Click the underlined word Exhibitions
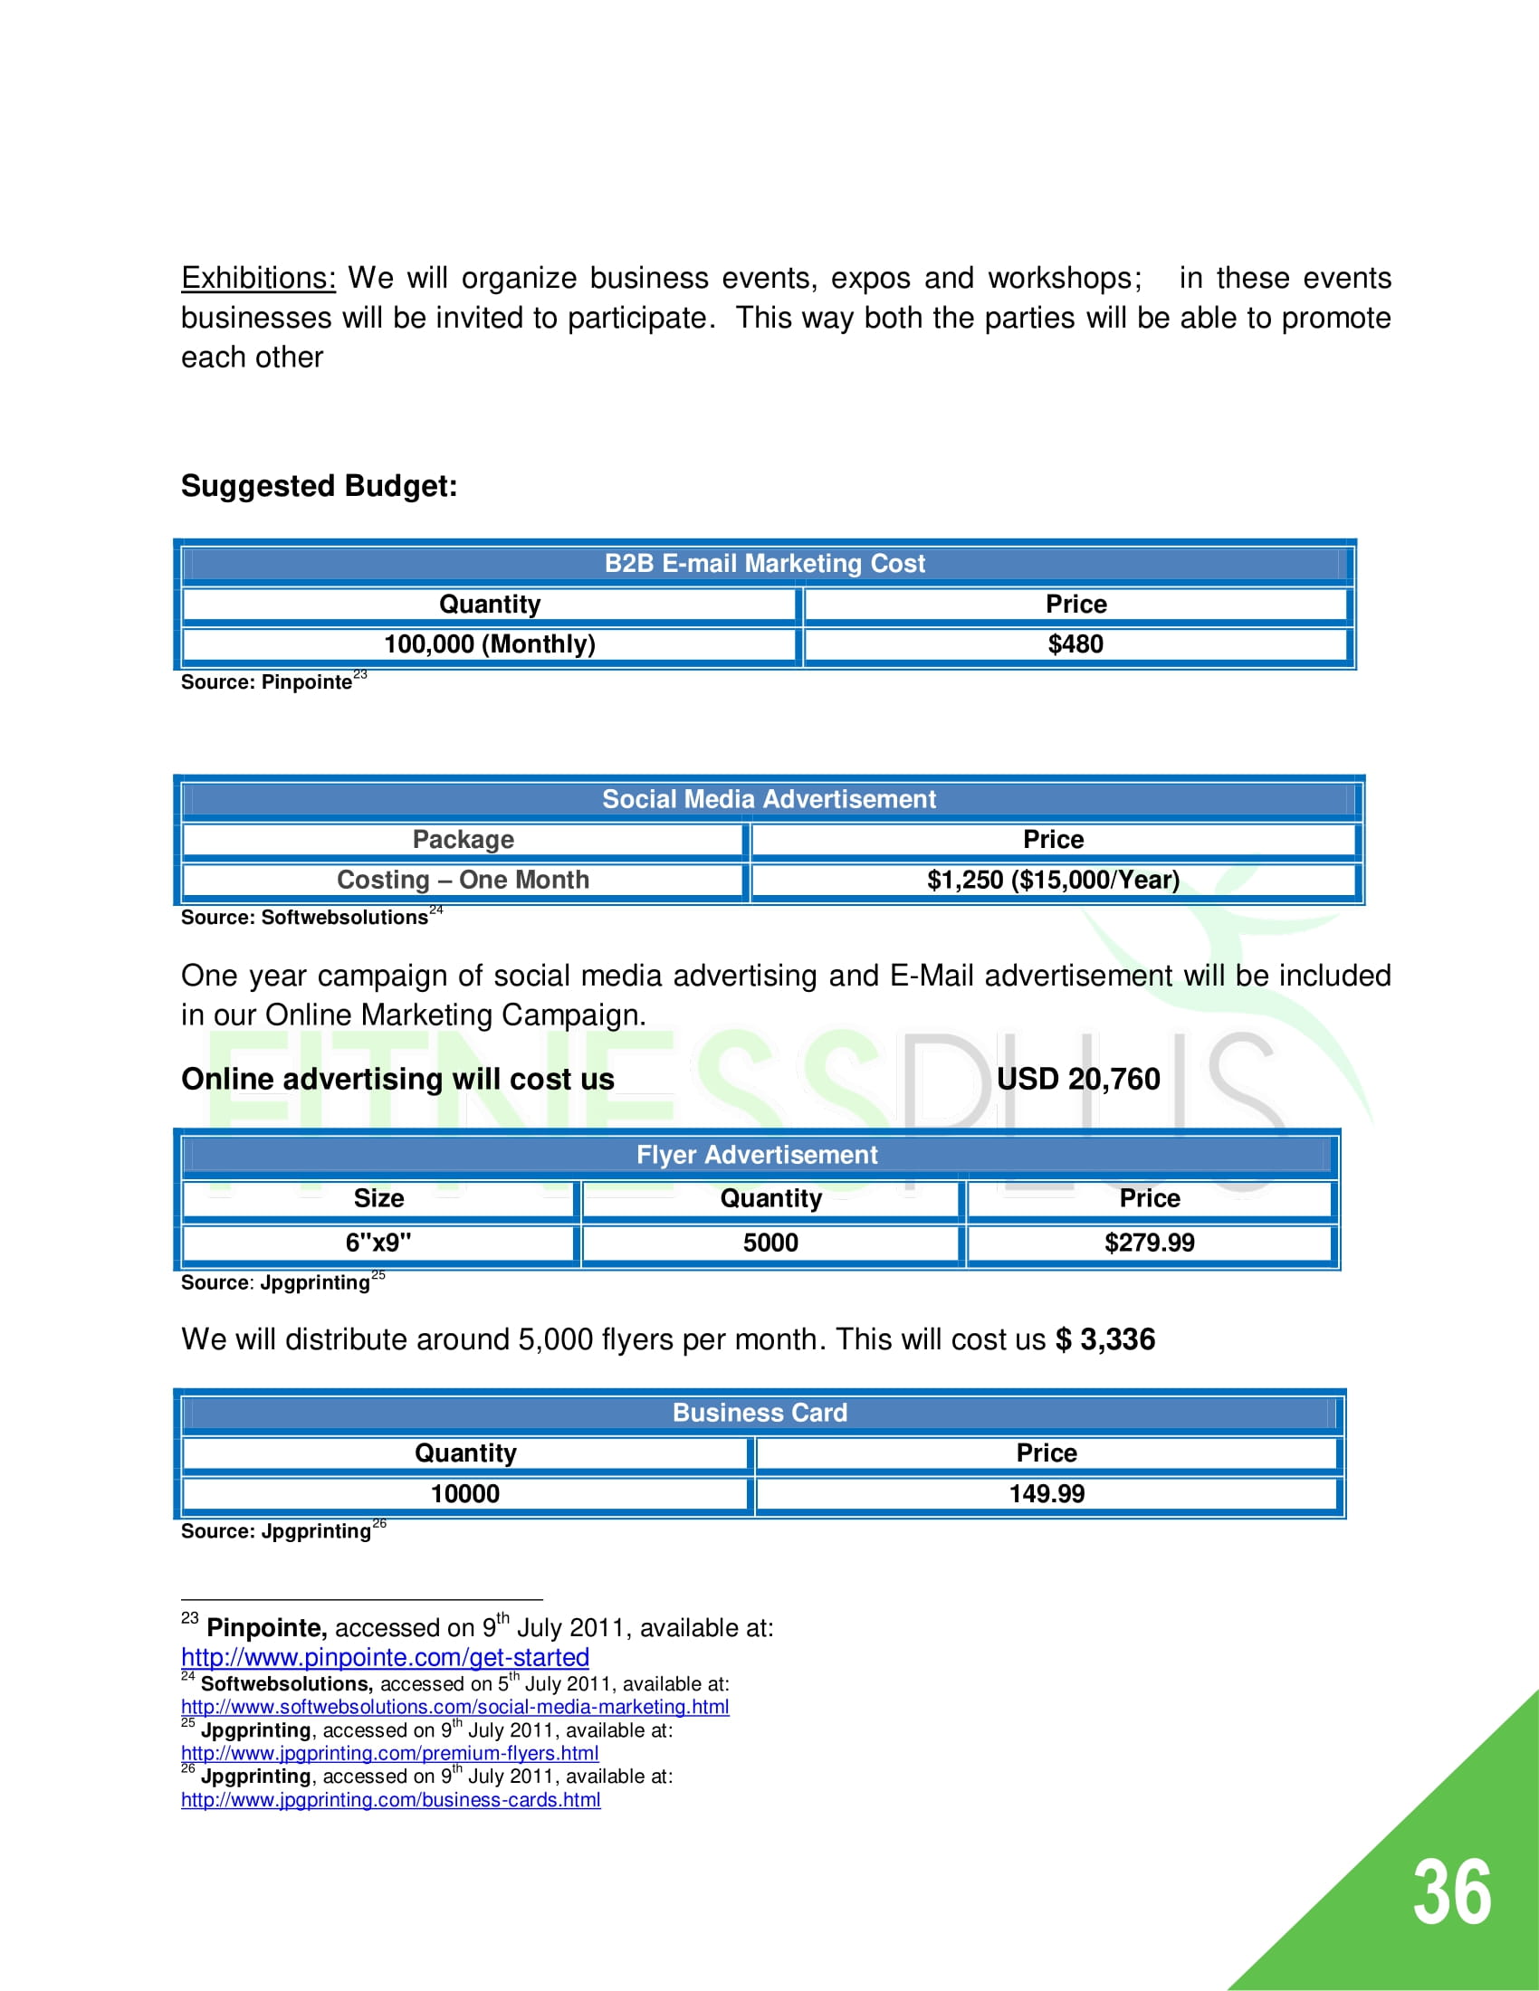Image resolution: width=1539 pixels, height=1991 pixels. tap(258, 278)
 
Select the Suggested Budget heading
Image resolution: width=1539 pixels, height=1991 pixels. tap(319, 486)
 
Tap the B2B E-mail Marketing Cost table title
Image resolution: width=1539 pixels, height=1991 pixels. tap(764, 564)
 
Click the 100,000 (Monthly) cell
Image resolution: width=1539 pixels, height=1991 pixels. tap(490, 644)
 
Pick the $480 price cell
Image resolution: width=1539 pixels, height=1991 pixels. tap(1075, 644)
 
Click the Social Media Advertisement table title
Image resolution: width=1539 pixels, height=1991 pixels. tap(769, 799)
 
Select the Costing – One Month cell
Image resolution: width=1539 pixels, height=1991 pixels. tap(464, 880)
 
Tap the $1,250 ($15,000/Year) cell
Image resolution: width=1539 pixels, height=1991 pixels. tap(1053, 880)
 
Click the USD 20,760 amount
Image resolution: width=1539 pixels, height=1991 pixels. tap(1077, 1080)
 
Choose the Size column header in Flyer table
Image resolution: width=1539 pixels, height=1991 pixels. tap(378, 1199)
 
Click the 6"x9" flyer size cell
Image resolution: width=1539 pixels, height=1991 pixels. tap(378, 1243)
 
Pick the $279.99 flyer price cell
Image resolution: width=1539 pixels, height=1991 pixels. tap(1149, 1243)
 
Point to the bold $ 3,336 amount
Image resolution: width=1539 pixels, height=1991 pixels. tap(1105, 1339)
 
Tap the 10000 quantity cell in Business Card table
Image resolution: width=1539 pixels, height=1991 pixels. tap(465, 1494)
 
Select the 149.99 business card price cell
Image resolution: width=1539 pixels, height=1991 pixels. tap(1047, 1494)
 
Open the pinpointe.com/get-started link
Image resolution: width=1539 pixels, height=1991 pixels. tap(385, 1657)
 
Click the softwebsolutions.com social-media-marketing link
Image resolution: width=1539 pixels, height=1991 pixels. tap(455, 1707)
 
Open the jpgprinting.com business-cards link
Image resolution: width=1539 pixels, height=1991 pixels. tap(390, 1800)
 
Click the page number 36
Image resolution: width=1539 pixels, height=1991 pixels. tap(1451, 1892)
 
